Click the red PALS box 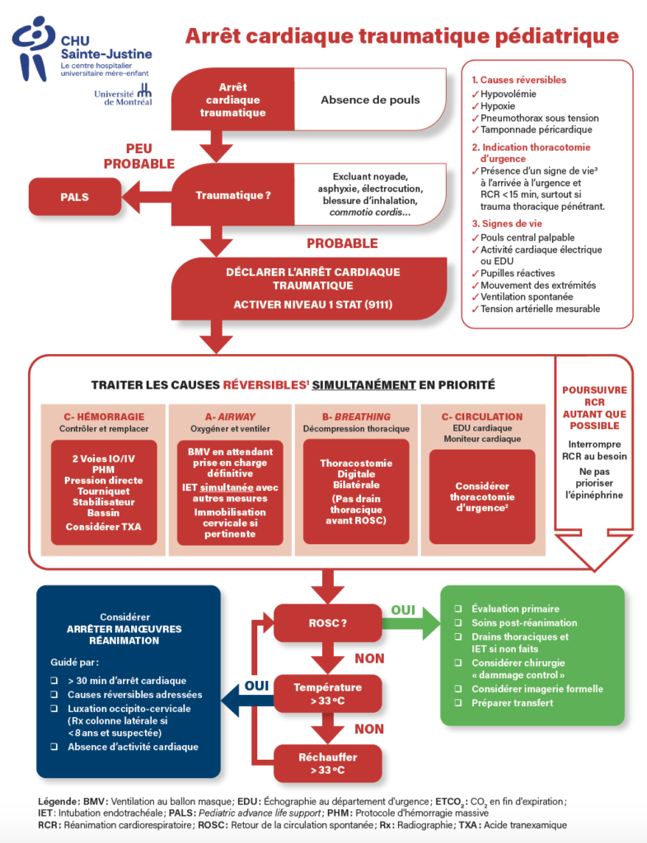(75, 198)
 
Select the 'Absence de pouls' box (369, 100)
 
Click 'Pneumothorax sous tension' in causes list (536, 118)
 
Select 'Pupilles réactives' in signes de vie (518, 272)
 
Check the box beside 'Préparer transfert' (457, 703)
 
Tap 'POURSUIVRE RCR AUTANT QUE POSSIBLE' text (593, 408)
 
